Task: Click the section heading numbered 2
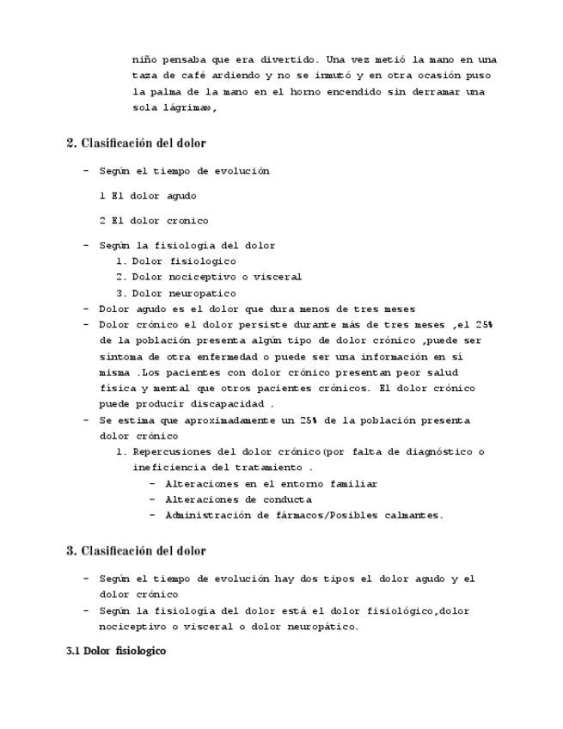(136, 143)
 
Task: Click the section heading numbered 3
(136, 550)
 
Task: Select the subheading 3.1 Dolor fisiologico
(116, 651)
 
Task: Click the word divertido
(291, 60)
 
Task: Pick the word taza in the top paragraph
(145, 76)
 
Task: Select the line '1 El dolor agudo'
(148, 196)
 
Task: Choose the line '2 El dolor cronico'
(154, 221)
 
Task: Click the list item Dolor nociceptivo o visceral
(217, 277)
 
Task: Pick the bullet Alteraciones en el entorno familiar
(271, 484)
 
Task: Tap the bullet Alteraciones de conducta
(238, 499)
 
